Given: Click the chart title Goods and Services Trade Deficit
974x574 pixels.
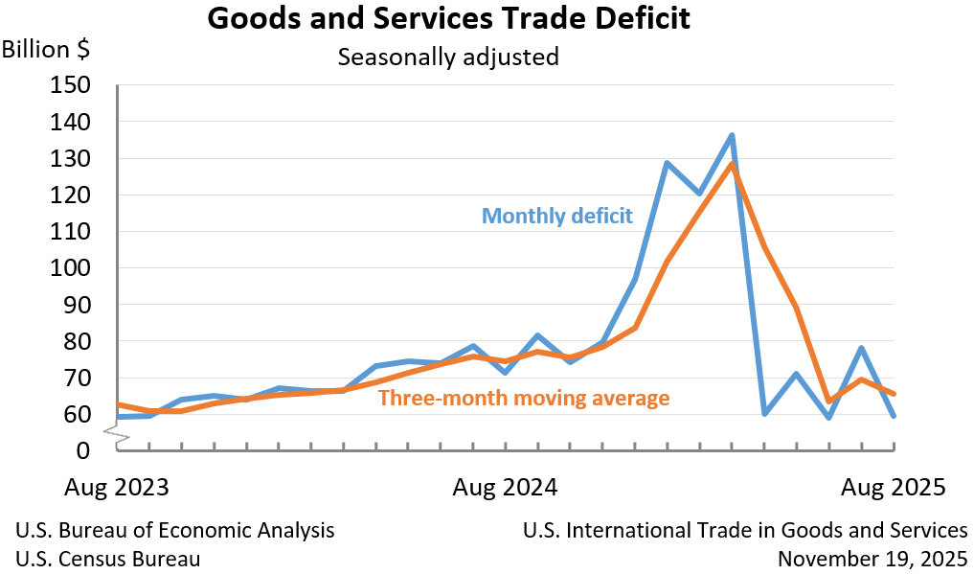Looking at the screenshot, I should click(x=448, y=19).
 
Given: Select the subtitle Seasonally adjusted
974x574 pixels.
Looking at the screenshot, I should click(x=448, y=57).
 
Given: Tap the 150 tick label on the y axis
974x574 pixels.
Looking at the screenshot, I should click(x=70, y=85).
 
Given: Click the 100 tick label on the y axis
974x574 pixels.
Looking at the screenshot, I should click(x=70, y=268).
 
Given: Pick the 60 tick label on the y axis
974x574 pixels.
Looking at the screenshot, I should click(x=77, y=415).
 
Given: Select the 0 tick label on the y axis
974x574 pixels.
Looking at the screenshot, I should click(x=83, y=450).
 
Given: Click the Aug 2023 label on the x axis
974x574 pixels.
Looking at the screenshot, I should click(x=117, y=487).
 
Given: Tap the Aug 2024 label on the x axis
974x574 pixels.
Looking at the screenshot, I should click(x=506, y=487).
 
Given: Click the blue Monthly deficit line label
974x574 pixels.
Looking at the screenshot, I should click(x=556, y=216).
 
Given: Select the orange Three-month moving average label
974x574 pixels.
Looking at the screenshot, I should click(x=524, y=398).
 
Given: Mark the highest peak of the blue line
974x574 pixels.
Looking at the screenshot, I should click(x=732, y=135).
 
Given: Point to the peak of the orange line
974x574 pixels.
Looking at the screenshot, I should click(x=733, y=164).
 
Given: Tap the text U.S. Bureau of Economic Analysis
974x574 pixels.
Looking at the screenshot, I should click(x=175, y=530).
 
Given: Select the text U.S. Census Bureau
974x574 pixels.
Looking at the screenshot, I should click(x=108, y=559).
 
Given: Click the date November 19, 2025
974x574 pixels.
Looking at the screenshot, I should click(x=872, y=559).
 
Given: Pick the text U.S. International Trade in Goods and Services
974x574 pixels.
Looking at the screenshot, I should click(x=745, y=530).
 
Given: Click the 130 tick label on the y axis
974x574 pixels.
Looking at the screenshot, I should click(x=70, y=159).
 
